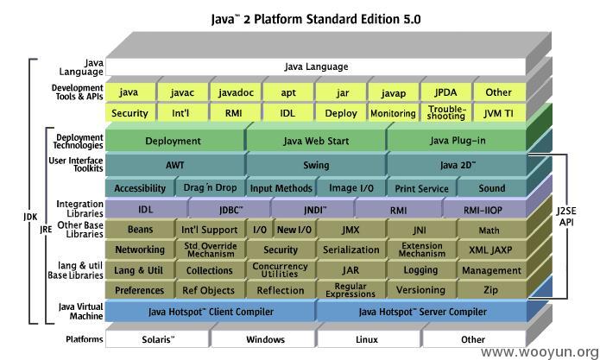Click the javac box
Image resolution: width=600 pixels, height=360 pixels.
[182, 92]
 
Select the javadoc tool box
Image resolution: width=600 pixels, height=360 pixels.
[236, 92]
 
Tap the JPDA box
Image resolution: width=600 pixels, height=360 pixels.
[445, 92]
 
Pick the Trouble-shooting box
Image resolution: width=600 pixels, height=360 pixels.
[445, 113]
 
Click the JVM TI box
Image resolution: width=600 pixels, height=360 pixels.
[499, 113]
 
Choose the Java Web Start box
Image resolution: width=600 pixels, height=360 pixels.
[316, 141]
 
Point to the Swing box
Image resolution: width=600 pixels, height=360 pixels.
[316, 165]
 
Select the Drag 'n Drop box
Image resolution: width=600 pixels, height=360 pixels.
[210, 188]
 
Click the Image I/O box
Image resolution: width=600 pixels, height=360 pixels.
[351, 188]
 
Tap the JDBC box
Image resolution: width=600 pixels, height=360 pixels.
[231, 210]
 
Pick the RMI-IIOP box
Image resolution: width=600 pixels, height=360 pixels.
[483, 210]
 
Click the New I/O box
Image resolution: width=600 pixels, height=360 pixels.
[294, 230]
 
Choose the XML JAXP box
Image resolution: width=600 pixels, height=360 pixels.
[491, 249]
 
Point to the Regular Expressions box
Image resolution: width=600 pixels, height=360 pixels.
[351, 290]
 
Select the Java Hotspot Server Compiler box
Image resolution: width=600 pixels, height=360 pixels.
[422, 312]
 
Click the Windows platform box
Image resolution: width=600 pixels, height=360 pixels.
[265, 339]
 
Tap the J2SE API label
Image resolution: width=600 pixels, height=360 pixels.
[566, 217]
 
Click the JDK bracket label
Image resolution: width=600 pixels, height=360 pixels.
[30, 217]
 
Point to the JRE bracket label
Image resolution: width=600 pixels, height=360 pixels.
[46, 229]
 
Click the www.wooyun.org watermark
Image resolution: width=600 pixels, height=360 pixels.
[540, 352]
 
